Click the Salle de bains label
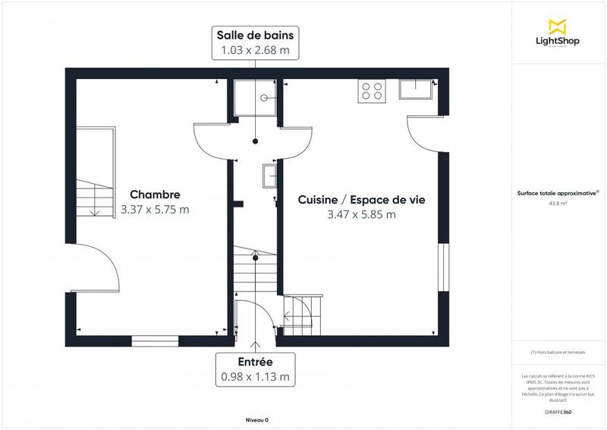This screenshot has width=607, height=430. click(x=255, y=36)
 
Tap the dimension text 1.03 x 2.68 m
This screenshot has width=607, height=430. click(x=255, y=51)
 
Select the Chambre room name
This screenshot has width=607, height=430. click(x=154, y=194)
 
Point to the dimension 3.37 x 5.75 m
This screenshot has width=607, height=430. click(x=154, y=210)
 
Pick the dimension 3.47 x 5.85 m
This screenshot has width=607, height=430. click(x=360, y=214)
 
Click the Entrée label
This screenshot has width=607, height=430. click(x=254, y=362)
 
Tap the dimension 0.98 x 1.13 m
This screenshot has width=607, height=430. click(x=254, y=376)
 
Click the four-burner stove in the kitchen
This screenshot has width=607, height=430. click(x=372, y=90)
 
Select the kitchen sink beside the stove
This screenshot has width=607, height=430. click(x=418, y=90)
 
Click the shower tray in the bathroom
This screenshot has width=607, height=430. click(x=255, y=96)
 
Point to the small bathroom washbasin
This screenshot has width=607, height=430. click(x=270, y=175)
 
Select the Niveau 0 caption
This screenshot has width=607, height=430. click(x=256, y=420)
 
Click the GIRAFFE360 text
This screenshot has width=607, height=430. click(x=558, y=411)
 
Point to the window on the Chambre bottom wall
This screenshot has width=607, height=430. click(x=155, y=340)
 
